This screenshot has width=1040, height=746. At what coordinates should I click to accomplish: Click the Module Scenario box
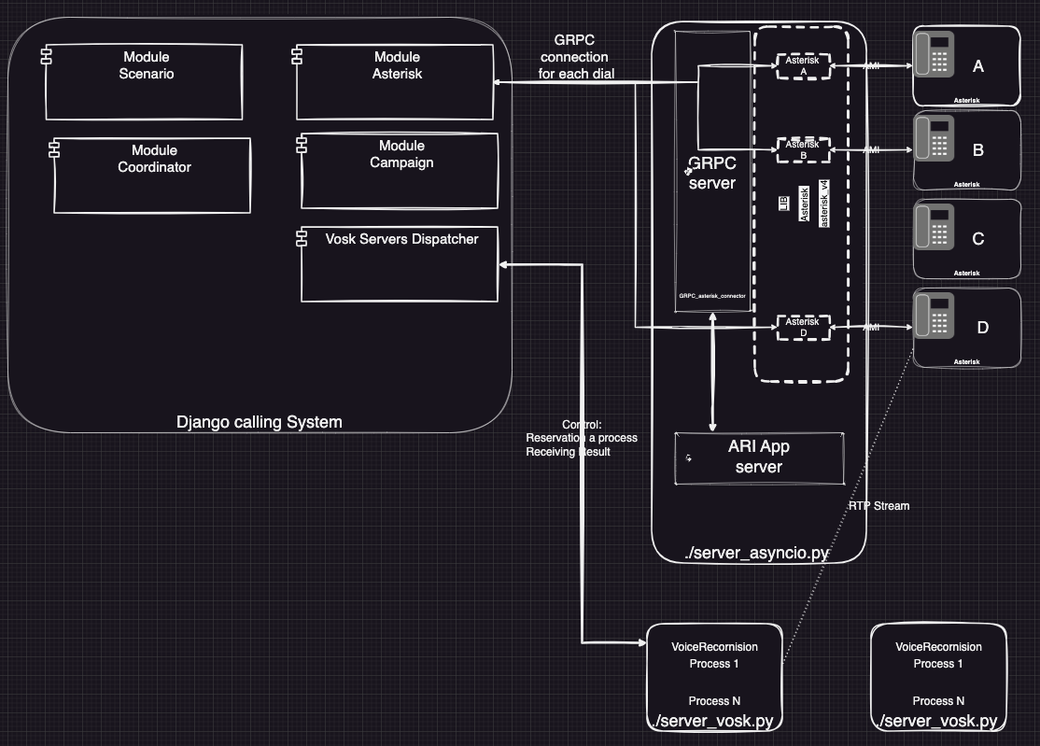click(x=144, y=82)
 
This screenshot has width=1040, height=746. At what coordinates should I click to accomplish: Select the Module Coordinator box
click(x=152, y=176)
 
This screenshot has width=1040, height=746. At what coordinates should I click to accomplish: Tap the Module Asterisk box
click(x=395, y=82)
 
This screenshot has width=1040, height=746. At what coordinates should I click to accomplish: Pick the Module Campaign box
click(x=400, y=172)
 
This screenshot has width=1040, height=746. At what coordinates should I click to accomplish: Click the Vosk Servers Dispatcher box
click(x=400, y=264)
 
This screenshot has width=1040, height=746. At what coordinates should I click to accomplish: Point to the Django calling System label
click(x=260, y=422)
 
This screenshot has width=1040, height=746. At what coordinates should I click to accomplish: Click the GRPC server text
click(x=711, y=174)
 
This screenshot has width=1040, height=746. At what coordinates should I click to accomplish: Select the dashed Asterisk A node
click(x=803, y=66)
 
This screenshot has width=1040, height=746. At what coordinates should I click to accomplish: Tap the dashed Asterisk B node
click(x=803, y=149)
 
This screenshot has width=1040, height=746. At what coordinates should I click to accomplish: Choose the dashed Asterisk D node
click(x=803, y=327)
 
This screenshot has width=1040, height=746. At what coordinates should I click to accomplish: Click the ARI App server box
click(x=759, y=457)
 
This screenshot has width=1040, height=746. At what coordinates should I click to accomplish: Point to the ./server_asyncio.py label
click(x=757, y=553)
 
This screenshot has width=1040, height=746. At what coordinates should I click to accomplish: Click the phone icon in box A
click(x=934, y=56)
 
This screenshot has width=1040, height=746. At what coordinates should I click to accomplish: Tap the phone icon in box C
click(x=934, y=228)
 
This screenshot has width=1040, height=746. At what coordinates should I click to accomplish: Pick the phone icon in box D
click(x=934, y=316)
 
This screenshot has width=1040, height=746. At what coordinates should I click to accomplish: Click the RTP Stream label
click(x=878, y=506)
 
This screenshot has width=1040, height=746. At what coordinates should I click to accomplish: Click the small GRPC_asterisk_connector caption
click(x=712, y=296)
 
